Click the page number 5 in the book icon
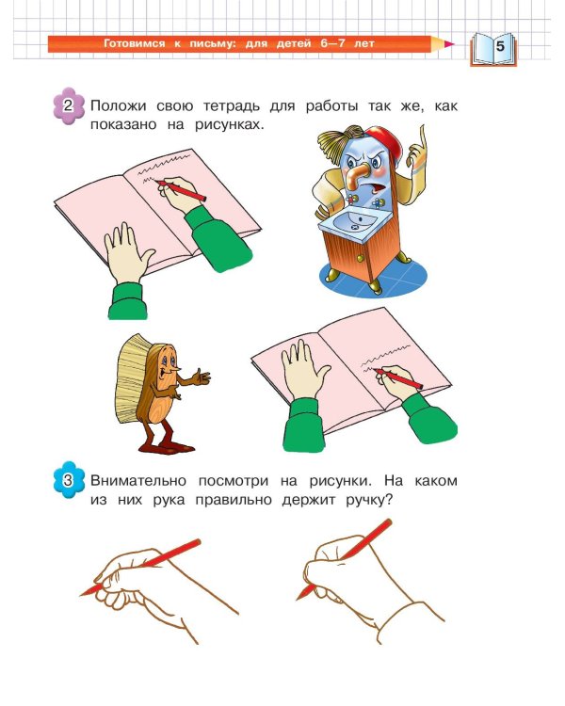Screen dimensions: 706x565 499,43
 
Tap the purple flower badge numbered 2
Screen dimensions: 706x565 68,105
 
